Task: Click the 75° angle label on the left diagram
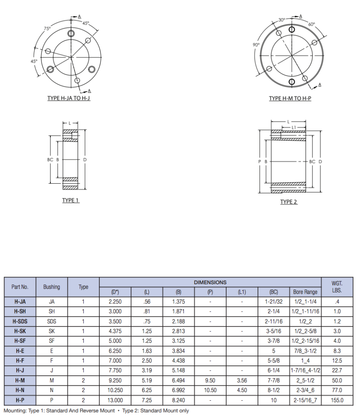47,29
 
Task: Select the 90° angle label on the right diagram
256,45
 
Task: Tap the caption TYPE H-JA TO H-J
69,99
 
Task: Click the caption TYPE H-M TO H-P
290,99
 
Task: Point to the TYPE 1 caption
71,200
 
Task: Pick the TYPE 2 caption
289,202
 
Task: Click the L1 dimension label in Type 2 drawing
294,127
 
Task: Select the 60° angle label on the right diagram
312,24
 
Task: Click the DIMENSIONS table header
210,282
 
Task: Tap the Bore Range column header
305,292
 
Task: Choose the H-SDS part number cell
20,321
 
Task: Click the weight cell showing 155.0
336,400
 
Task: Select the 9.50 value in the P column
210,380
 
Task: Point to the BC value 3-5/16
273,331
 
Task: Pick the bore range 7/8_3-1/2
305,351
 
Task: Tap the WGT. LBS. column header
336,287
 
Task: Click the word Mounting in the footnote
15,410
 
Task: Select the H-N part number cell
20,390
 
